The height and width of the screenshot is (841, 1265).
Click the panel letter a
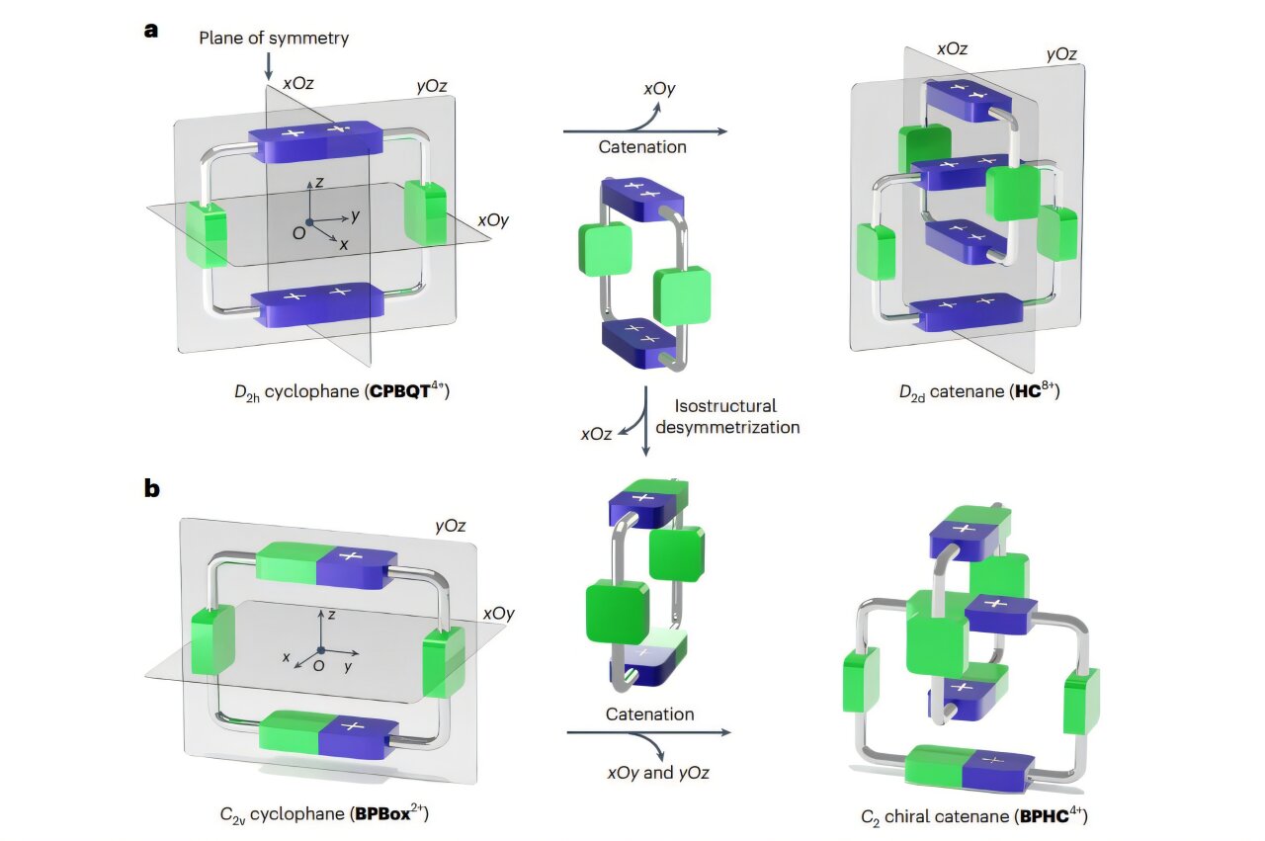[151, 29]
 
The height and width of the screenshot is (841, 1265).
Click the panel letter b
[152, 488]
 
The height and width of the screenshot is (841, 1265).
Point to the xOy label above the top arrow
[659, 88]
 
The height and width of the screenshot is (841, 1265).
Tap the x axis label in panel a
[344, 243]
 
